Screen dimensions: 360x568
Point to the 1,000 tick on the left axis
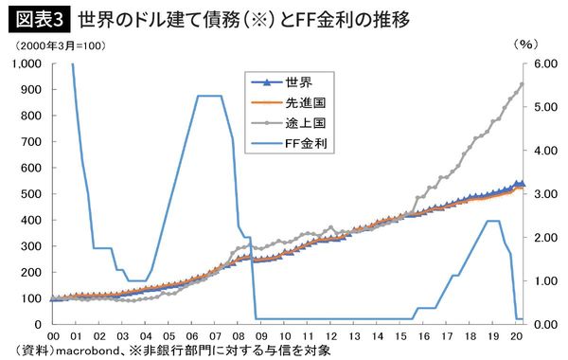(x=24, y=63)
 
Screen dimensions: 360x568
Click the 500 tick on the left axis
(x=30, y=194)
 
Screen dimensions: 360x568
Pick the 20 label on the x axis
(x=516, y=336)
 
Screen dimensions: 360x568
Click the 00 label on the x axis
(x=54, y=336)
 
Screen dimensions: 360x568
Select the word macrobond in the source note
(x=88, y=351)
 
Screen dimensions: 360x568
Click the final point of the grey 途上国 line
(x=522, y=84)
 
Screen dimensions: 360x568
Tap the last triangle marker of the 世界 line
(x=522, y=184)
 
